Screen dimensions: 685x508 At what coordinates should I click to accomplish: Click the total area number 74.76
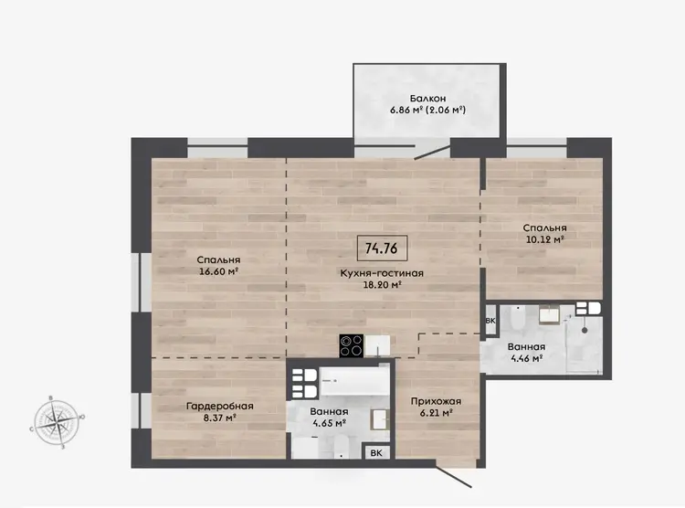[x=382, y=249]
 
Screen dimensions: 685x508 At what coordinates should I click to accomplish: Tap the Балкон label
[x=427, y=99]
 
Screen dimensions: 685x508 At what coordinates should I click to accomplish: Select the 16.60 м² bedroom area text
[x=218, y=271]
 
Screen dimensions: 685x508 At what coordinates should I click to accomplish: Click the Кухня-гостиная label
[x=382, y=273]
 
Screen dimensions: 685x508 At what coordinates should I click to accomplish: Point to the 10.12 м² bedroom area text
[x=544, y=239]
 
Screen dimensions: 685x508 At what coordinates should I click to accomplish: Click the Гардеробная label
[x=220, y=407]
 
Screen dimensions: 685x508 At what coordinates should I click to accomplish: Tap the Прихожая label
[x=436, y=401]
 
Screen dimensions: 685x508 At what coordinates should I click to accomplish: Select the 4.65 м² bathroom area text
[x=329, y=423]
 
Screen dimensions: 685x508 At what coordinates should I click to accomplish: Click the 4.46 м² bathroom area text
[x=526, y=358]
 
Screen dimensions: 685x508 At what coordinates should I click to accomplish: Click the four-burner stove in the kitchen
[x=352, y=345]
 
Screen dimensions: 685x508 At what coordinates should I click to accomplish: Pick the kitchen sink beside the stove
[x=377, y=345]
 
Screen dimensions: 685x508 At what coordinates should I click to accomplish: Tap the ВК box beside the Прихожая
[x=376, y=453]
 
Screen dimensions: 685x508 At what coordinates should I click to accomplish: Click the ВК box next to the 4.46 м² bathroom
[x=490, y=321]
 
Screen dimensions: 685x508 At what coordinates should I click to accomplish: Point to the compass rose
[x=57, y=421]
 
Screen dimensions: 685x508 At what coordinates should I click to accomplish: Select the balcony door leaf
[x=432, y=152]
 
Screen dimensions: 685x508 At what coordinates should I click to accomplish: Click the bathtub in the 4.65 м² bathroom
[x=353, y=382]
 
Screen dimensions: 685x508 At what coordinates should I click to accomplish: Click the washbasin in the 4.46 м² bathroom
[x=550, y=314]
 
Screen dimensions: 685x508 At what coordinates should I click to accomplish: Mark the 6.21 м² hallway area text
[x=436, y=413]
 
